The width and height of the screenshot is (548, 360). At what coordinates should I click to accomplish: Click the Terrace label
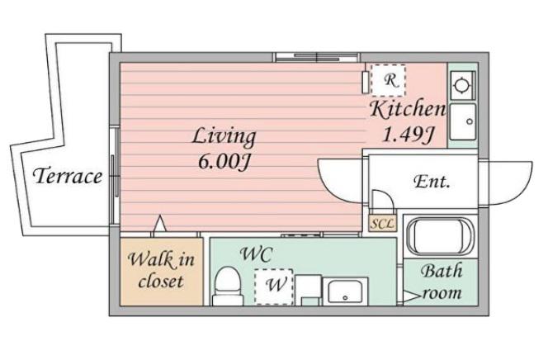(68, 175)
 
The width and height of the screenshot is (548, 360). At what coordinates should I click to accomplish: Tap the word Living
(224, 137)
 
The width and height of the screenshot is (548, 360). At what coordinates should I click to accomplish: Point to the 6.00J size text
(224, 162)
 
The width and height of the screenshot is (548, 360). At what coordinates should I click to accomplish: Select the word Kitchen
(408, 109)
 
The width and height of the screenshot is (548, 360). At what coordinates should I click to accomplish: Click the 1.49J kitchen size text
(408, 135)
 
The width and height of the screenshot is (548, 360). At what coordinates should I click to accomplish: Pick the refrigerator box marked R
(388, 80)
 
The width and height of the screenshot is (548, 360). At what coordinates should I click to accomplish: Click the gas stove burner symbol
(462, 85)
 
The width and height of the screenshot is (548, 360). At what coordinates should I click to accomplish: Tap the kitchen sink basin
(463, 121)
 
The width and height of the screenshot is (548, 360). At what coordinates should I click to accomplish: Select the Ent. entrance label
(432, 182)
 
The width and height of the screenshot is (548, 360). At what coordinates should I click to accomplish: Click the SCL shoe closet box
(383, 223)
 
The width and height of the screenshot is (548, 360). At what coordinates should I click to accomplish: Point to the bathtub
(440, 236)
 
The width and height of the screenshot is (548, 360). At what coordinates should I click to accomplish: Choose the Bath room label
(442, 282)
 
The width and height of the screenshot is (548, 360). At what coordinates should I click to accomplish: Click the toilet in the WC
(228, 286)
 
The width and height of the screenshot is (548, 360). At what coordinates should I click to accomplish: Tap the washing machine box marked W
(274, 287)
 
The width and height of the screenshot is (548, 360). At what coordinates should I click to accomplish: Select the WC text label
(256, 254)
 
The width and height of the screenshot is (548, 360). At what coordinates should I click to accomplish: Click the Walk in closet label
(161, 270)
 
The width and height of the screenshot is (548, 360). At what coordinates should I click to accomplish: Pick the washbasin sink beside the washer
(345, 291)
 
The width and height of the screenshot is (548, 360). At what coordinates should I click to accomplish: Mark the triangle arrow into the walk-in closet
(160, 223)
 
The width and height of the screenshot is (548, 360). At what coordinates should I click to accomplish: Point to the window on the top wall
(317, 57)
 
